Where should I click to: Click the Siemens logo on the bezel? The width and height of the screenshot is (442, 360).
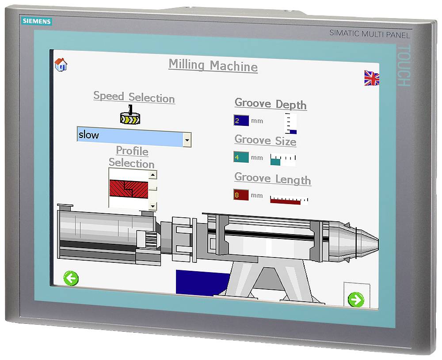(x=37, y=21)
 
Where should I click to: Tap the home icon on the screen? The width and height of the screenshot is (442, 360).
(x=61, y=64)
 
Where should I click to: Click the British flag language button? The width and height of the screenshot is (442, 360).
(x=372, y=78)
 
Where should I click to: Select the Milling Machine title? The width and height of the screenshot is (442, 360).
(x=213, y=66)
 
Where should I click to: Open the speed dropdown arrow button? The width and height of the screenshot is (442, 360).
(x=187, y=140)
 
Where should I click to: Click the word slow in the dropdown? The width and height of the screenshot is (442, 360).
(x=89, y=135)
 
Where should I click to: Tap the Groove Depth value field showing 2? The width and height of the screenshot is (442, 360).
(x=241, y=121)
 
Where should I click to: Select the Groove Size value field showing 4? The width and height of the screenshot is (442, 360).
(x=241, y=157)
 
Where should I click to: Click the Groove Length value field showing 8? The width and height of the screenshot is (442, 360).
(x=241, y=195)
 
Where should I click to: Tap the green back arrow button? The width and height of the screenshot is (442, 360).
(x=71, y=278)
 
